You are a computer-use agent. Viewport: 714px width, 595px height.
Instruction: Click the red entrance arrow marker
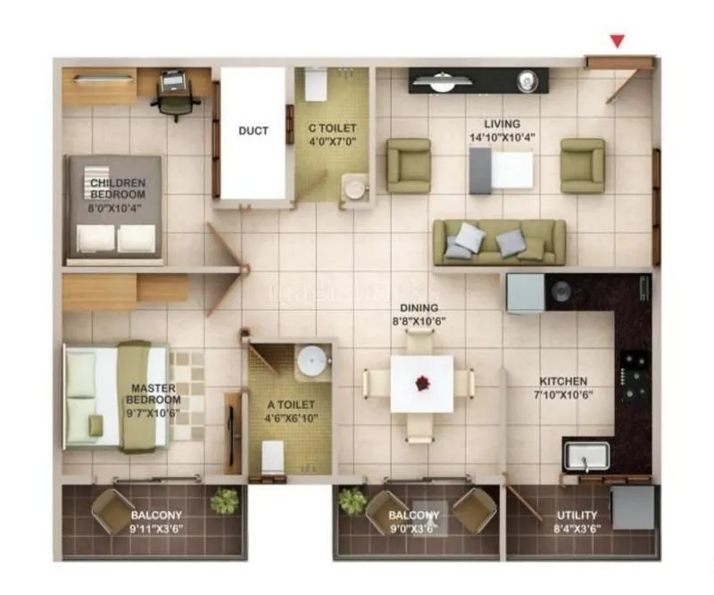point(616,41)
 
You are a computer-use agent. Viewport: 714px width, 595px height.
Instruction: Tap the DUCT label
point(253,131)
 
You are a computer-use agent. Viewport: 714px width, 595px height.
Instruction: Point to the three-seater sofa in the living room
point(499,242)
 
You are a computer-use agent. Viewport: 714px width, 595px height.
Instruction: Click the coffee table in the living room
point(501,169)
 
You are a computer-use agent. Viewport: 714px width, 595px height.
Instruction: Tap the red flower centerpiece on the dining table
point(421,383)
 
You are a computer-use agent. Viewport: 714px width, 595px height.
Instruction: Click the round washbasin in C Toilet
point(355,189)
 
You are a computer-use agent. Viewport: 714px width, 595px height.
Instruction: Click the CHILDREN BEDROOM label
point(117,188)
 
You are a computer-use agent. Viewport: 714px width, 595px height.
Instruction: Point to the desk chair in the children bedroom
point(175,94)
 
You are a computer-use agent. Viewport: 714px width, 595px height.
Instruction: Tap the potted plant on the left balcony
point(224,501)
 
